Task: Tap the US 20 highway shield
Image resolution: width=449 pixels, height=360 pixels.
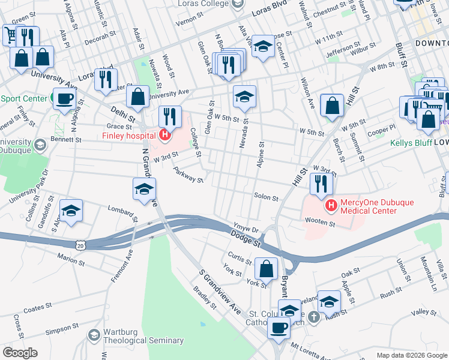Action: pyautogui.click(x=80, y=245)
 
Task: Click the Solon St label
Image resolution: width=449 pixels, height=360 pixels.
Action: pyautogui.click(x=266, y=197)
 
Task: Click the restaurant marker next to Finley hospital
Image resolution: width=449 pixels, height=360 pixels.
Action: pyautogui.click(x=170, y=116)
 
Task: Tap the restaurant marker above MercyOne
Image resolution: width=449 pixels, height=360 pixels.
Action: pyautogui.click(x=321, y=184)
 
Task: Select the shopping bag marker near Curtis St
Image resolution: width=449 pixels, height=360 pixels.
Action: pyautogui.click(x=266, y=268)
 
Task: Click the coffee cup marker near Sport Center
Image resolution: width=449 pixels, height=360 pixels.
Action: pyautogui.click(x=64, y=98)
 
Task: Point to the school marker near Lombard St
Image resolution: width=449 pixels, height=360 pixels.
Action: pyautogui.click(x=71, y=210)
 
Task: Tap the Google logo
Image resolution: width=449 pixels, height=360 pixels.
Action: pyautogui.click(x=20, y=353)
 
